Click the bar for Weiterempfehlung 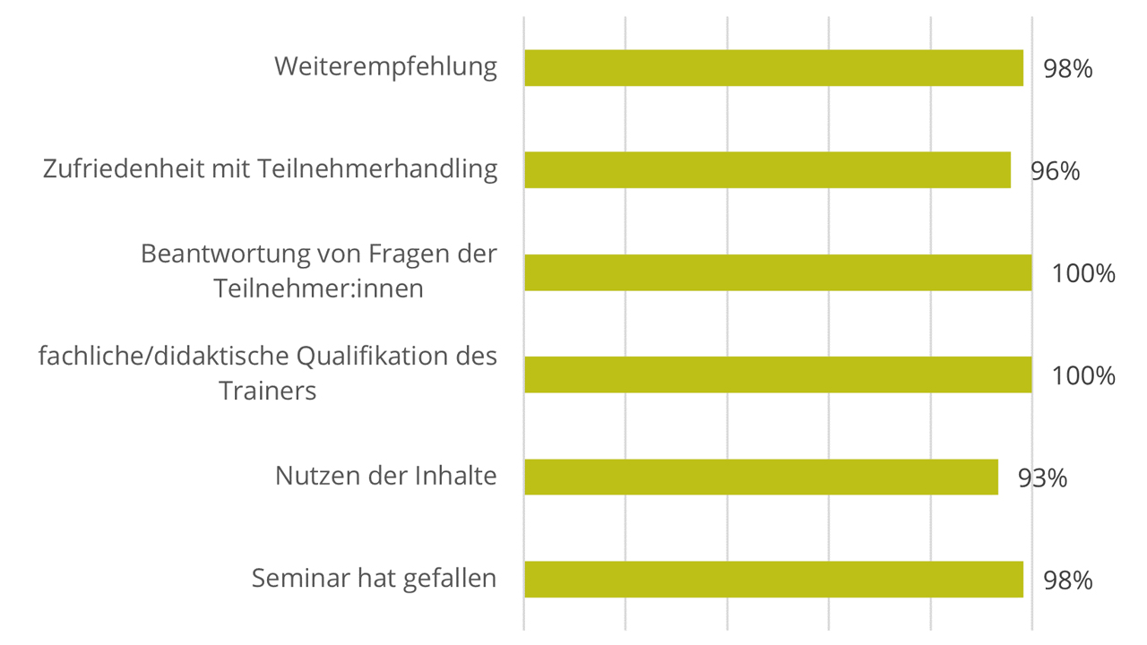click(x=773, y=68)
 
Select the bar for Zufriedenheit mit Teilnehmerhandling click(x=767, y=170)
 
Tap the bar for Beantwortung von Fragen click(x=778, y=272)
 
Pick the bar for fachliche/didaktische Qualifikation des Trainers click(x=778, y=374)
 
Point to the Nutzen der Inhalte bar click(x=761, y=477)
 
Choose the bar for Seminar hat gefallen click(x=773, y=579)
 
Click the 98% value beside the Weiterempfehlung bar click(x=1067, y=69)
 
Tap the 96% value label click(x=1055, y=171)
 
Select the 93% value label click(x=1042, y=477)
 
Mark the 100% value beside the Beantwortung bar click(x=1083, y=273)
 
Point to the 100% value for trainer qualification click(x=1083, y=375)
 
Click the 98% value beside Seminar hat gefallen click(x=1067, y=580)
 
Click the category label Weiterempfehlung click(x=385, y=67)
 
